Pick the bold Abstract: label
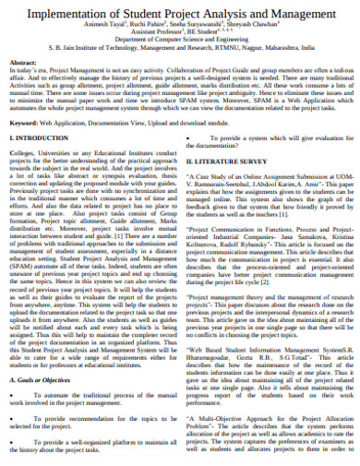(22, 62)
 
